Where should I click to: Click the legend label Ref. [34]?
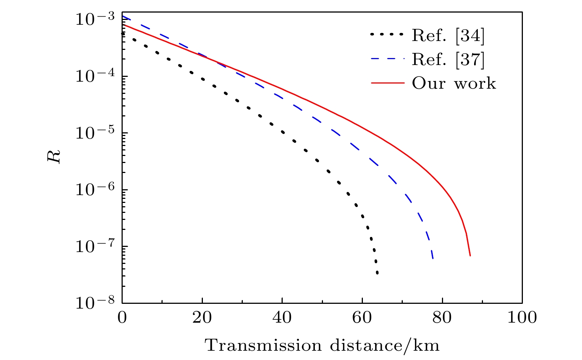click(x=448, y=35)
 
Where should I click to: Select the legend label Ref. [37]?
click(x=448, y=59)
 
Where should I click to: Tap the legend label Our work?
click(x=454, y=83)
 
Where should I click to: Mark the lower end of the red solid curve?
click(x=470, y=255)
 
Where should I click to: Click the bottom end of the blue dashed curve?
click(x=433, y=258)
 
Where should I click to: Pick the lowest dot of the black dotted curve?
click(x=377, y=273)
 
